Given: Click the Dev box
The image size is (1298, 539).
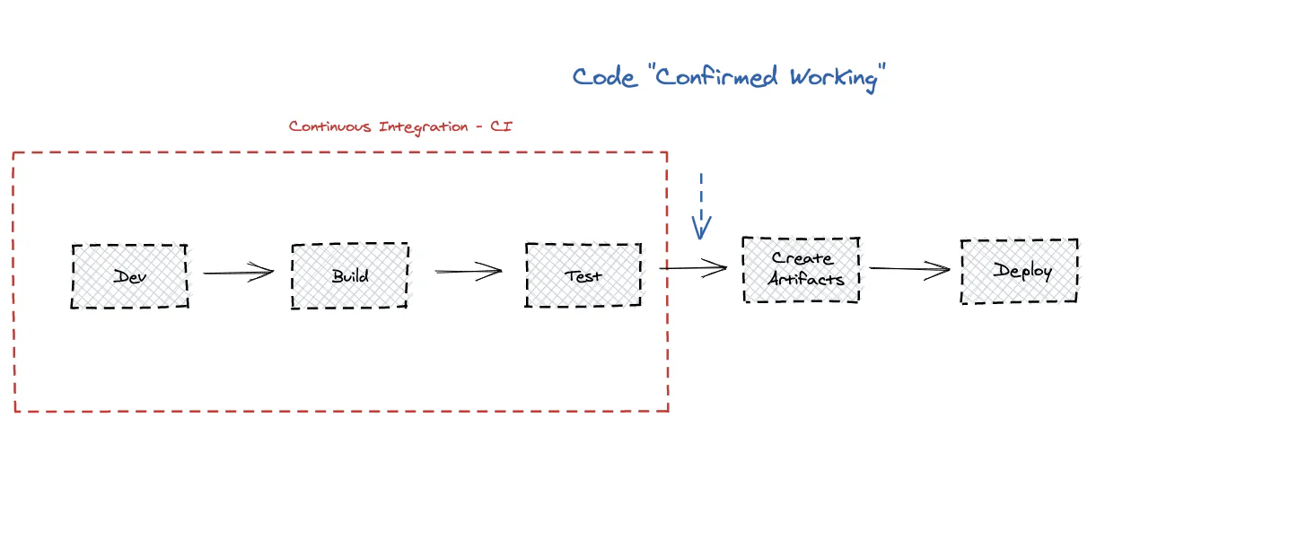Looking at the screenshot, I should tap(130, 276).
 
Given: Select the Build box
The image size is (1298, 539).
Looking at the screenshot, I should tap(350, 275).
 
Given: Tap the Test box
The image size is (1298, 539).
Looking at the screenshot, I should tap(583, 275).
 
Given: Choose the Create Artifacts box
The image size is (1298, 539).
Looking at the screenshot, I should tap(802, 269).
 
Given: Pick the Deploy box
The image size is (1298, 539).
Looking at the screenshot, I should tap(1020, 271).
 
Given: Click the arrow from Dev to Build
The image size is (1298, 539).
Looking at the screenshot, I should tap(238, 273).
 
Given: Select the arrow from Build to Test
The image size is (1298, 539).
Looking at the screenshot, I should tap(469, 271).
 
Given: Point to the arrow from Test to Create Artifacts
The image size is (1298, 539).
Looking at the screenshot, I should tap(693, 267).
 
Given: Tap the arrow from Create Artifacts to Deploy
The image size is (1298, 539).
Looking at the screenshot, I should tap(908, 268).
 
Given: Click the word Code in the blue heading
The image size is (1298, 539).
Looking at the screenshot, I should tap(604, 77).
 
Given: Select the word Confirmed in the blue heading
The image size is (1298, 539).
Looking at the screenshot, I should tap(715, 77).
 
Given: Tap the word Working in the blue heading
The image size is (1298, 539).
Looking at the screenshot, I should tap(833, 78).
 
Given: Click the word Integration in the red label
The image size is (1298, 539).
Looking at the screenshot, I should tap(424, 126).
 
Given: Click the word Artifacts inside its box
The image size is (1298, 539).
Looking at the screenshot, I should tap(806, 280).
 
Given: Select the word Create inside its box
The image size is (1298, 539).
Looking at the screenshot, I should tap(802, 258).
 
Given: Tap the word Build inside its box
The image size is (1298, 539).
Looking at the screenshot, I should tap(350, 275).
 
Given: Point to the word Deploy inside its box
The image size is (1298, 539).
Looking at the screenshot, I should tap(1022, 271).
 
